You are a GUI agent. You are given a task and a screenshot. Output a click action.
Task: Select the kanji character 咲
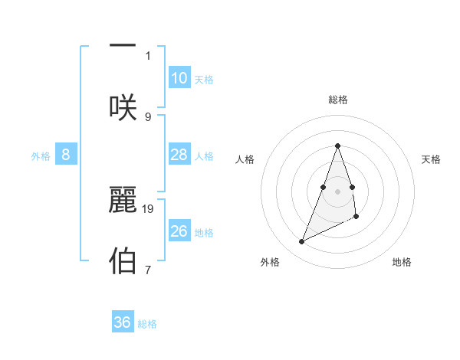tap(123, 107)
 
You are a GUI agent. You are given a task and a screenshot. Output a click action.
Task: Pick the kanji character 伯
tap(123, 260)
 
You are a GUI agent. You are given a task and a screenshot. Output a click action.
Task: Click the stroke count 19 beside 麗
tap(149, 208)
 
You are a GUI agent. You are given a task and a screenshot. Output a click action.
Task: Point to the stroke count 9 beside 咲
tap(148, 116)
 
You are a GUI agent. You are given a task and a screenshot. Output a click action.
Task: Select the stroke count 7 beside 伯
tap(148, 269)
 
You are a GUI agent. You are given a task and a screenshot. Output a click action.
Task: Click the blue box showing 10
tap(179, 78)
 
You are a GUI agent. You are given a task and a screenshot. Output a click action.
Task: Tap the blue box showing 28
tap(179, 155)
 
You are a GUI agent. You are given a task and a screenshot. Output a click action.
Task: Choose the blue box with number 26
tap(179, 231)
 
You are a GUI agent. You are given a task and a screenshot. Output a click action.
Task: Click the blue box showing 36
tap(123, 322)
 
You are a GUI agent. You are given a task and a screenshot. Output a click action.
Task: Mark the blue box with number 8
tap(66, 155)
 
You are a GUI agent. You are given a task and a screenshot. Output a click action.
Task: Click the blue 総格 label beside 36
tap(147, 324)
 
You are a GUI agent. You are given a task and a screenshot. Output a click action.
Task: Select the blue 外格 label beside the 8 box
tap(41, 156)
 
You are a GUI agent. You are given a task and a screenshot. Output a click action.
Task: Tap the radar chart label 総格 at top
tap(337, 100)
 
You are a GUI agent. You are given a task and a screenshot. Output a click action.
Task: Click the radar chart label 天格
tap(432, 159)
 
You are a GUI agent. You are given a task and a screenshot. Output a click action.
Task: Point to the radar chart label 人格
tap(245, 159)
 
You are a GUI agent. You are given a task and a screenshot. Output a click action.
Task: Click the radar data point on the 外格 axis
tap(301, 242)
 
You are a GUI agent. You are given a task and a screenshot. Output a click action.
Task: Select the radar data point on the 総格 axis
tap(337, 146)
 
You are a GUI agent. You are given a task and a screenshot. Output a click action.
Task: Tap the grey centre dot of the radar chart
tap(337, 191)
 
